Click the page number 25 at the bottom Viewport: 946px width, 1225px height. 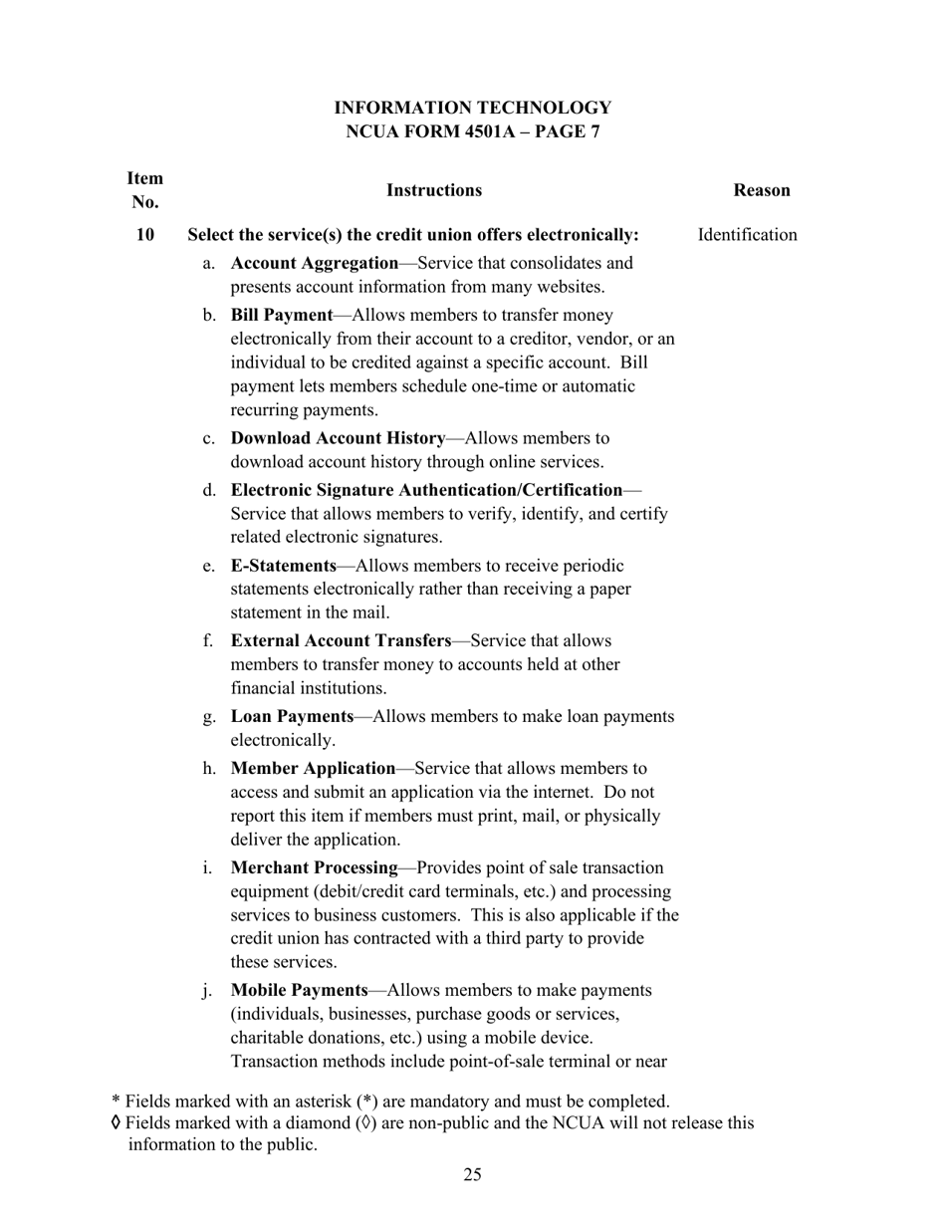pyautogui.click(x=472, y=1175)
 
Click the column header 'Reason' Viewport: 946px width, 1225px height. pyautogui.click(x=761, y=190)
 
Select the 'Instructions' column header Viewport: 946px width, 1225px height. pyautogui.click(x=433, y=190)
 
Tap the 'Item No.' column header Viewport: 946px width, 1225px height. pyautogui.click(x=145, y=190)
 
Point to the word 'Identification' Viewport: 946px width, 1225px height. pyautogui.click(x=747, y=235)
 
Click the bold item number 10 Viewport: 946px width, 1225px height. pyautogui.click(x=145, y=235)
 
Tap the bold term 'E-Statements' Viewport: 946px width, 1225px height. pyautogui.click(x=284, y=566)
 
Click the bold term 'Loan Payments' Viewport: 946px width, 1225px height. pyautogui.click(x=292, y=716)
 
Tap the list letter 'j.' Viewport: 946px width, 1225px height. pyautogui.click(x=207, y=990)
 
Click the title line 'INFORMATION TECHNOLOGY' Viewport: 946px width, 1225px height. pyautogui.click(x=472, y=108)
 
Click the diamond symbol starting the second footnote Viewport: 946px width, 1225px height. pyautogui.click(x=117, y=1122)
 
